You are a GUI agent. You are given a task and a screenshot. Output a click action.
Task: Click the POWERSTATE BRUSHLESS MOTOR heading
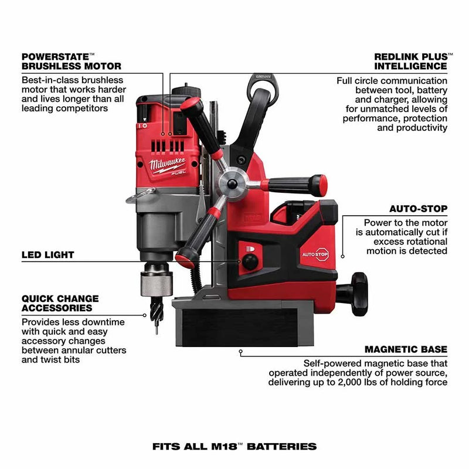[71, 62]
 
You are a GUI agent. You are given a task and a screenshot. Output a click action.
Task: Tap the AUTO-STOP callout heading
[418, 209]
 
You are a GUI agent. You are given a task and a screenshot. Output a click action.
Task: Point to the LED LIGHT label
[48, 255]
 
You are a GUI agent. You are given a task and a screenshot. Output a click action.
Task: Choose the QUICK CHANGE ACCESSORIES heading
[60, 303]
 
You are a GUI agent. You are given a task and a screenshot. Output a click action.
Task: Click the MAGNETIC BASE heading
[406, 349]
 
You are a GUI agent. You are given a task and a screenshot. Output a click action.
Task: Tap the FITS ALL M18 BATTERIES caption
[235, 446]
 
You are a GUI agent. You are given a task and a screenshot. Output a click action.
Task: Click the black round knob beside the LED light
[250, 262]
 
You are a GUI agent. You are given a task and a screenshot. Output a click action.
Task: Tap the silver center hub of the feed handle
[232, 184]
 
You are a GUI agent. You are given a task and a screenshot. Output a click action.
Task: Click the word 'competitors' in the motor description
[83, 108]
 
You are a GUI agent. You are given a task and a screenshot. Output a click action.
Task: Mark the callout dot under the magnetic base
[240, 352]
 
